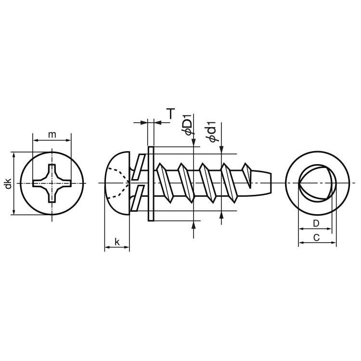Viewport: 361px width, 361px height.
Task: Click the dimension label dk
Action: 8,183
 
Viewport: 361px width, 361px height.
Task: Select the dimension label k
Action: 117,241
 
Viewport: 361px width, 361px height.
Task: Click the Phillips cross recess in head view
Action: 52,183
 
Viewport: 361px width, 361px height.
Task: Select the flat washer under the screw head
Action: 150,183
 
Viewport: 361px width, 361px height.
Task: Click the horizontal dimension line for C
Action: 317,243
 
